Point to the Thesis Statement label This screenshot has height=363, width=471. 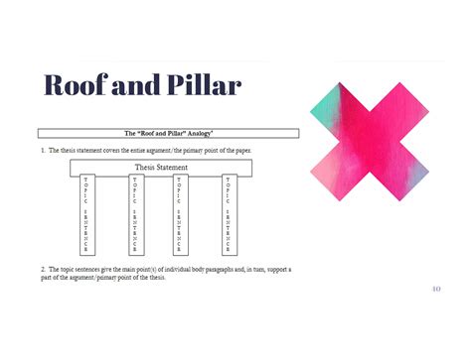coord(161,168)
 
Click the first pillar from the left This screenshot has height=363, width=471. coord(86,215)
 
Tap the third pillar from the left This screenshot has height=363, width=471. coord(179,215)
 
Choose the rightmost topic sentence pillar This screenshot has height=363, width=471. coord(229,215)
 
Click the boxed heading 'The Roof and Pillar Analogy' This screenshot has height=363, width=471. coord(168,133)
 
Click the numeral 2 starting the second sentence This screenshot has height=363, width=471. coord(43,269)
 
